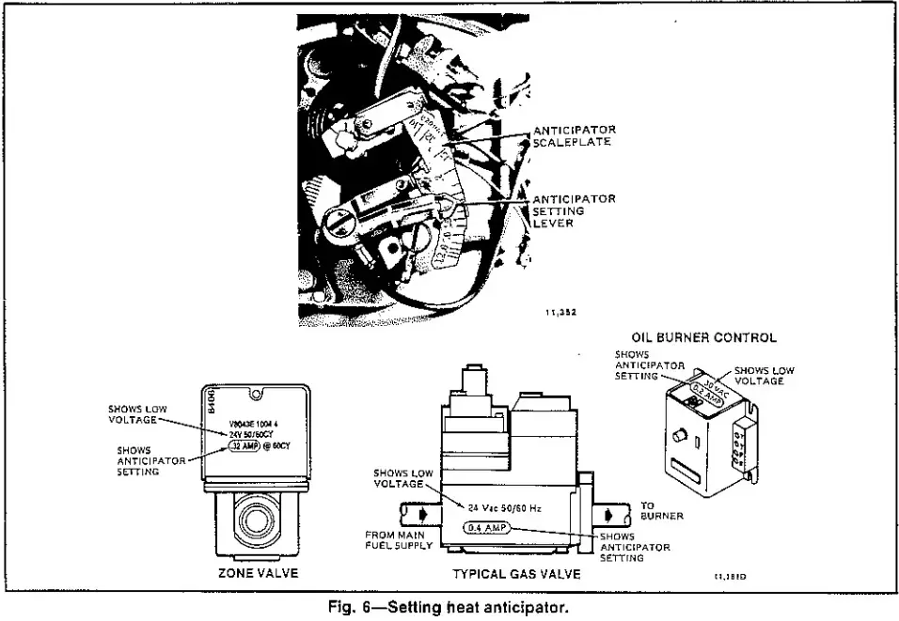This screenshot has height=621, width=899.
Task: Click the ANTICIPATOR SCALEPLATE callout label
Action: (574, 136)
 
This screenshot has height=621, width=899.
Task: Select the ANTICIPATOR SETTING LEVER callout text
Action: (574, 211)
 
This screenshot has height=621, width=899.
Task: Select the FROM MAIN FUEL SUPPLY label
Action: (398, 539)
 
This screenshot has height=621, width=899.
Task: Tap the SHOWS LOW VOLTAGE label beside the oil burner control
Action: (764, 376)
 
